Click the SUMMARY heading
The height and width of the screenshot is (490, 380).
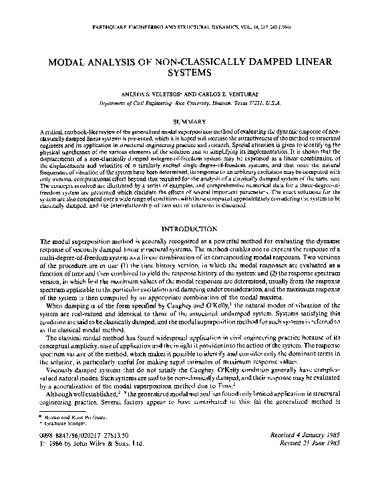[190, 121]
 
